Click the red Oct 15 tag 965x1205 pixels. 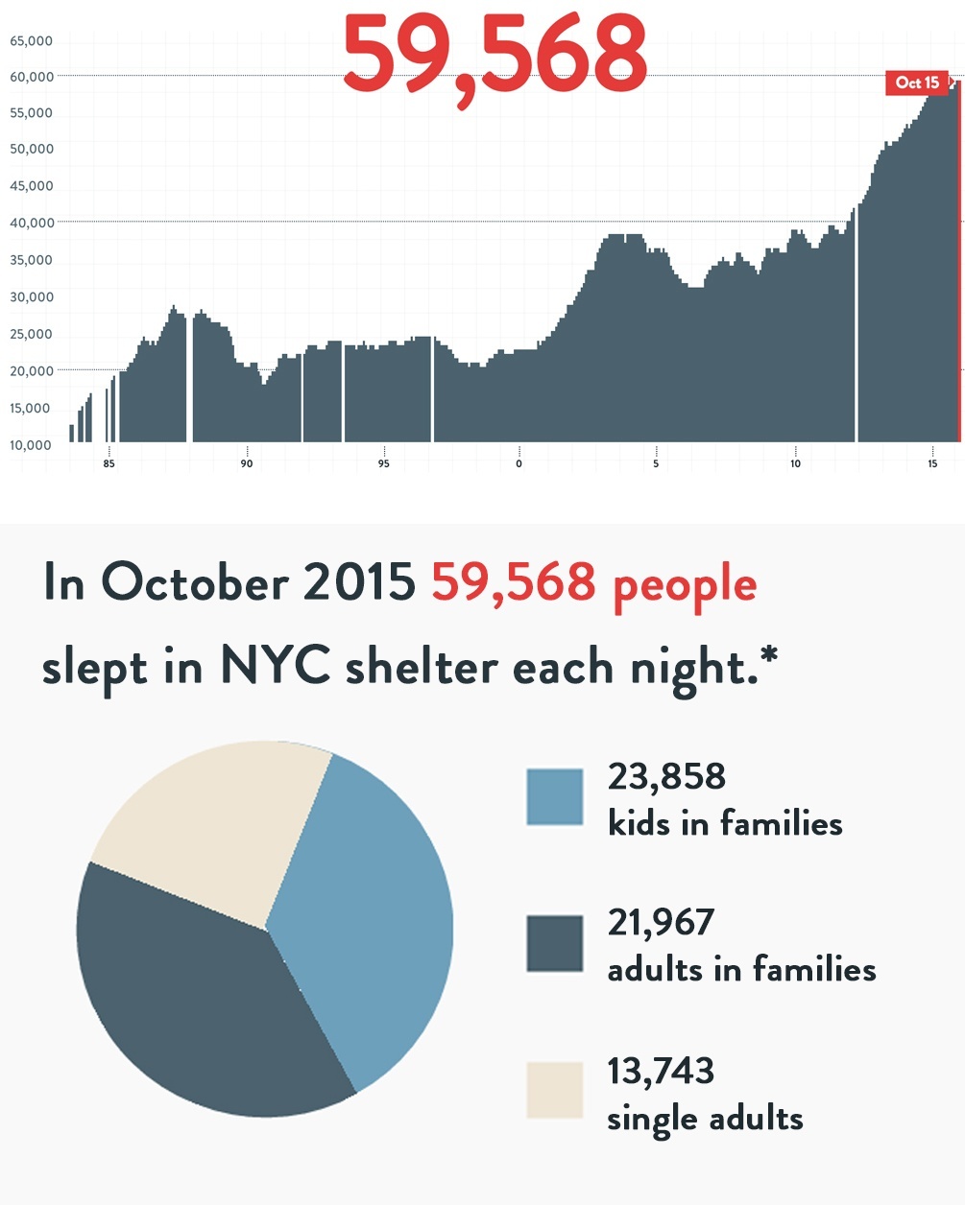tap(917, 83)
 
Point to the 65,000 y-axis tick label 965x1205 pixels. tap(32, 41)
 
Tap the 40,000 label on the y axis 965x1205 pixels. tap(32, 223)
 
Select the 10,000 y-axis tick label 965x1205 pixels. tap(32, 445)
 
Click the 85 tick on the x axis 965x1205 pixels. tap(109, 463)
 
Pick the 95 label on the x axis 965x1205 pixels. tap(384, 463)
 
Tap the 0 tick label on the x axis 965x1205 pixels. tap(519, 463)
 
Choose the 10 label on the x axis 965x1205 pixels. tap(795, 463)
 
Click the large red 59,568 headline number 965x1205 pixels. tap(495, 56)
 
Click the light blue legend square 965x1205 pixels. tap(555, 797)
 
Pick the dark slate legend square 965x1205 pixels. tap(555, 943)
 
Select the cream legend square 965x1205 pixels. tap(555, 1090)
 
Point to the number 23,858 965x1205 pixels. tap(666, 776)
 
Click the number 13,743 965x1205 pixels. tap(661, 1071)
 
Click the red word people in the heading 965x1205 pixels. tap(685, 585)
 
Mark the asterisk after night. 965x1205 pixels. tap(768, 657)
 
